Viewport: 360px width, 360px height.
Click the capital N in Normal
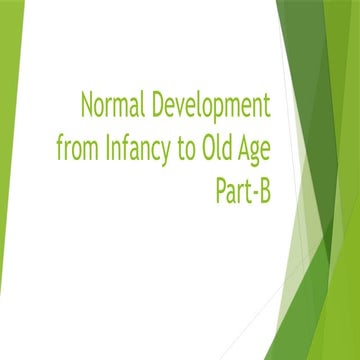pyautogui.click(x=87, y=103)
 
